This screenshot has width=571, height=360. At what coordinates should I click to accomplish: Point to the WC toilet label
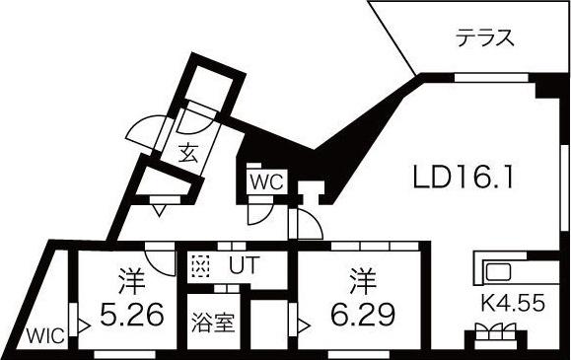click(x=266, y=181)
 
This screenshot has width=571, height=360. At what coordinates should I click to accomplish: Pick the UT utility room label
click(x=242, y=265)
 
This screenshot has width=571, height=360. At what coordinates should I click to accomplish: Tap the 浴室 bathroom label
click(x=213, y=322)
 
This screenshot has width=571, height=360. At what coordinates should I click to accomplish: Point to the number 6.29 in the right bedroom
click(x=362, y=315)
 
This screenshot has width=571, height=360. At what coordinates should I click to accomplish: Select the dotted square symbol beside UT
click(x=201, y=266)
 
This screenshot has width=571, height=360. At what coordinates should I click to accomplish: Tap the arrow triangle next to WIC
click(x=85, y=322)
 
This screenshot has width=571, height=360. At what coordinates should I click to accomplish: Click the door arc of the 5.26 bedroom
click(x=160, y=255)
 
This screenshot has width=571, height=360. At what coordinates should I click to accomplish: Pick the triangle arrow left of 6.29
click(x=304, y=321)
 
